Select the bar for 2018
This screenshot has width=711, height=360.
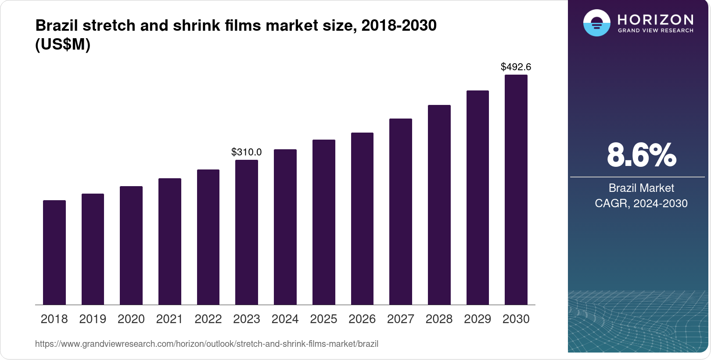click(x=54, y=252)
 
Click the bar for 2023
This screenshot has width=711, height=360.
click(x=247, y=232)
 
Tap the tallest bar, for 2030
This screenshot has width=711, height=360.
click(x=516, y=190)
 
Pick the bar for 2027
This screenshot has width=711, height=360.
click(x=400, y=212)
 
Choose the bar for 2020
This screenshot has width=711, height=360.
click(x=131, y=245)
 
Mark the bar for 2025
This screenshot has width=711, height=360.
click(x=323, y=222)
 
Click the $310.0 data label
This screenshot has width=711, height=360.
click(x=247, y=152)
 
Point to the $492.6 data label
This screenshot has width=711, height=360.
click(x=516, y=67)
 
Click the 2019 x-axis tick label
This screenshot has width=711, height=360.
click(x=93, y=319)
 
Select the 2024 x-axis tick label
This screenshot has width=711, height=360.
click(x=285, y=319)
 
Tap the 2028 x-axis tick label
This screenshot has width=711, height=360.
click(x=439, y=319)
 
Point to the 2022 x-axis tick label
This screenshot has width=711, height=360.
click(x=208, y=319)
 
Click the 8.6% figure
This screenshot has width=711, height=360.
click(x=641, y=155)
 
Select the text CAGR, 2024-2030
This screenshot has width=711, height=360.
click(x=641, y=203)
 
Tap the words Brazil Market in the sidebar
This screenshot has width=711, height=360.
click(x=641, y=188)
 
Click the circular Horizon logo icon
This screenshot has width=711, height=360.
click(x=596, y=23)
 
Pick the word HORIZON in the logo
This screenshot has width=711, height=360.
click(x=655, y=19)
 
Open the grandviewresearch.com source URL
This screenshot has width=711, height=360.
click(x=206, y=344)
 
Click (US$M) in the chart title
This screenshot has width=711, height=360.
click(x=63, y=44)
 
